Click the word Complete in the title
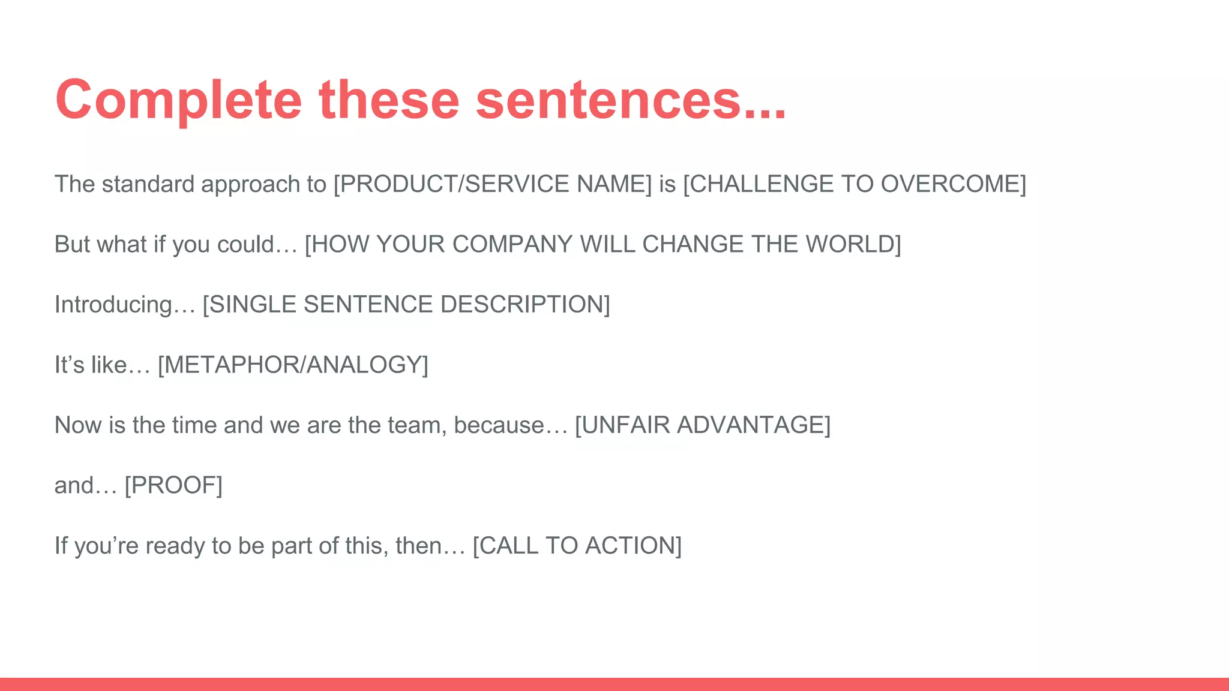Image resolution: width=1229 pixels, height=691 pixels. click(178, 100)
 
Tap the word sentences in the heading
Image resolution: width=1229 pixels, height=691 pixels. click(609, 100)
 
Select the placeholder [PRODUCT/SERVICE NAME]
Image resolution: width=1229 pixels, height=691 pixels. click(492, 184)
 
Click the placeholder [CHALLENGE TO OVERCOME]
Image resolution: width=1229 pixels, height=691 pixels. click(855, 184)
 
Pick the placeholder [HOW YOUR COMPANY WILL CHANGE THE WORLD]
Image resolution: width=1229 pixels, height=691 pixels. click(602, 244)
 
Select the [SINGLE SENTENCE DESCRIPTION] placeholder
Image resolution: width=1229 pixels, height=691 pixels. click(406, 305)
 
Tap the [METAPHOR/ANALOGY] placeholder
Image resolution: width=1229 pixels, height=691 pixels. click(293, 365)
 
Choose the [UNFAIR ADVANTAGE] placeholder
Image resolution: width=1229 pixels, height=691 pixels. click(703, 425)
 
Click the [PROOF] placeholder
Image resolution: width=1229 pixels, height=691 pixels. click(173, 485)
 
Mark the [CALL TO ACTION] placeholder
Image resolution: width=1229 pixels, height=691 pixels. click(577, 546)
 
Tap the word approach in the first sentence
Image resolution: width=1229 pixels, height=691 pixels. click(251, 184)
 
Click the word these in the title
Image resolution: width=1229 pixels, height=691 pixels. click(389, 100)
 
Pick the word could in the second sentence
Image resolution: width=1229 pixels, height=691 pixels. click(245, 244)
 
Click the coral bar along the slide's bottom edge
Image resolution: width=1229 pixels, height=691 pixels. click(614, 684)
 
